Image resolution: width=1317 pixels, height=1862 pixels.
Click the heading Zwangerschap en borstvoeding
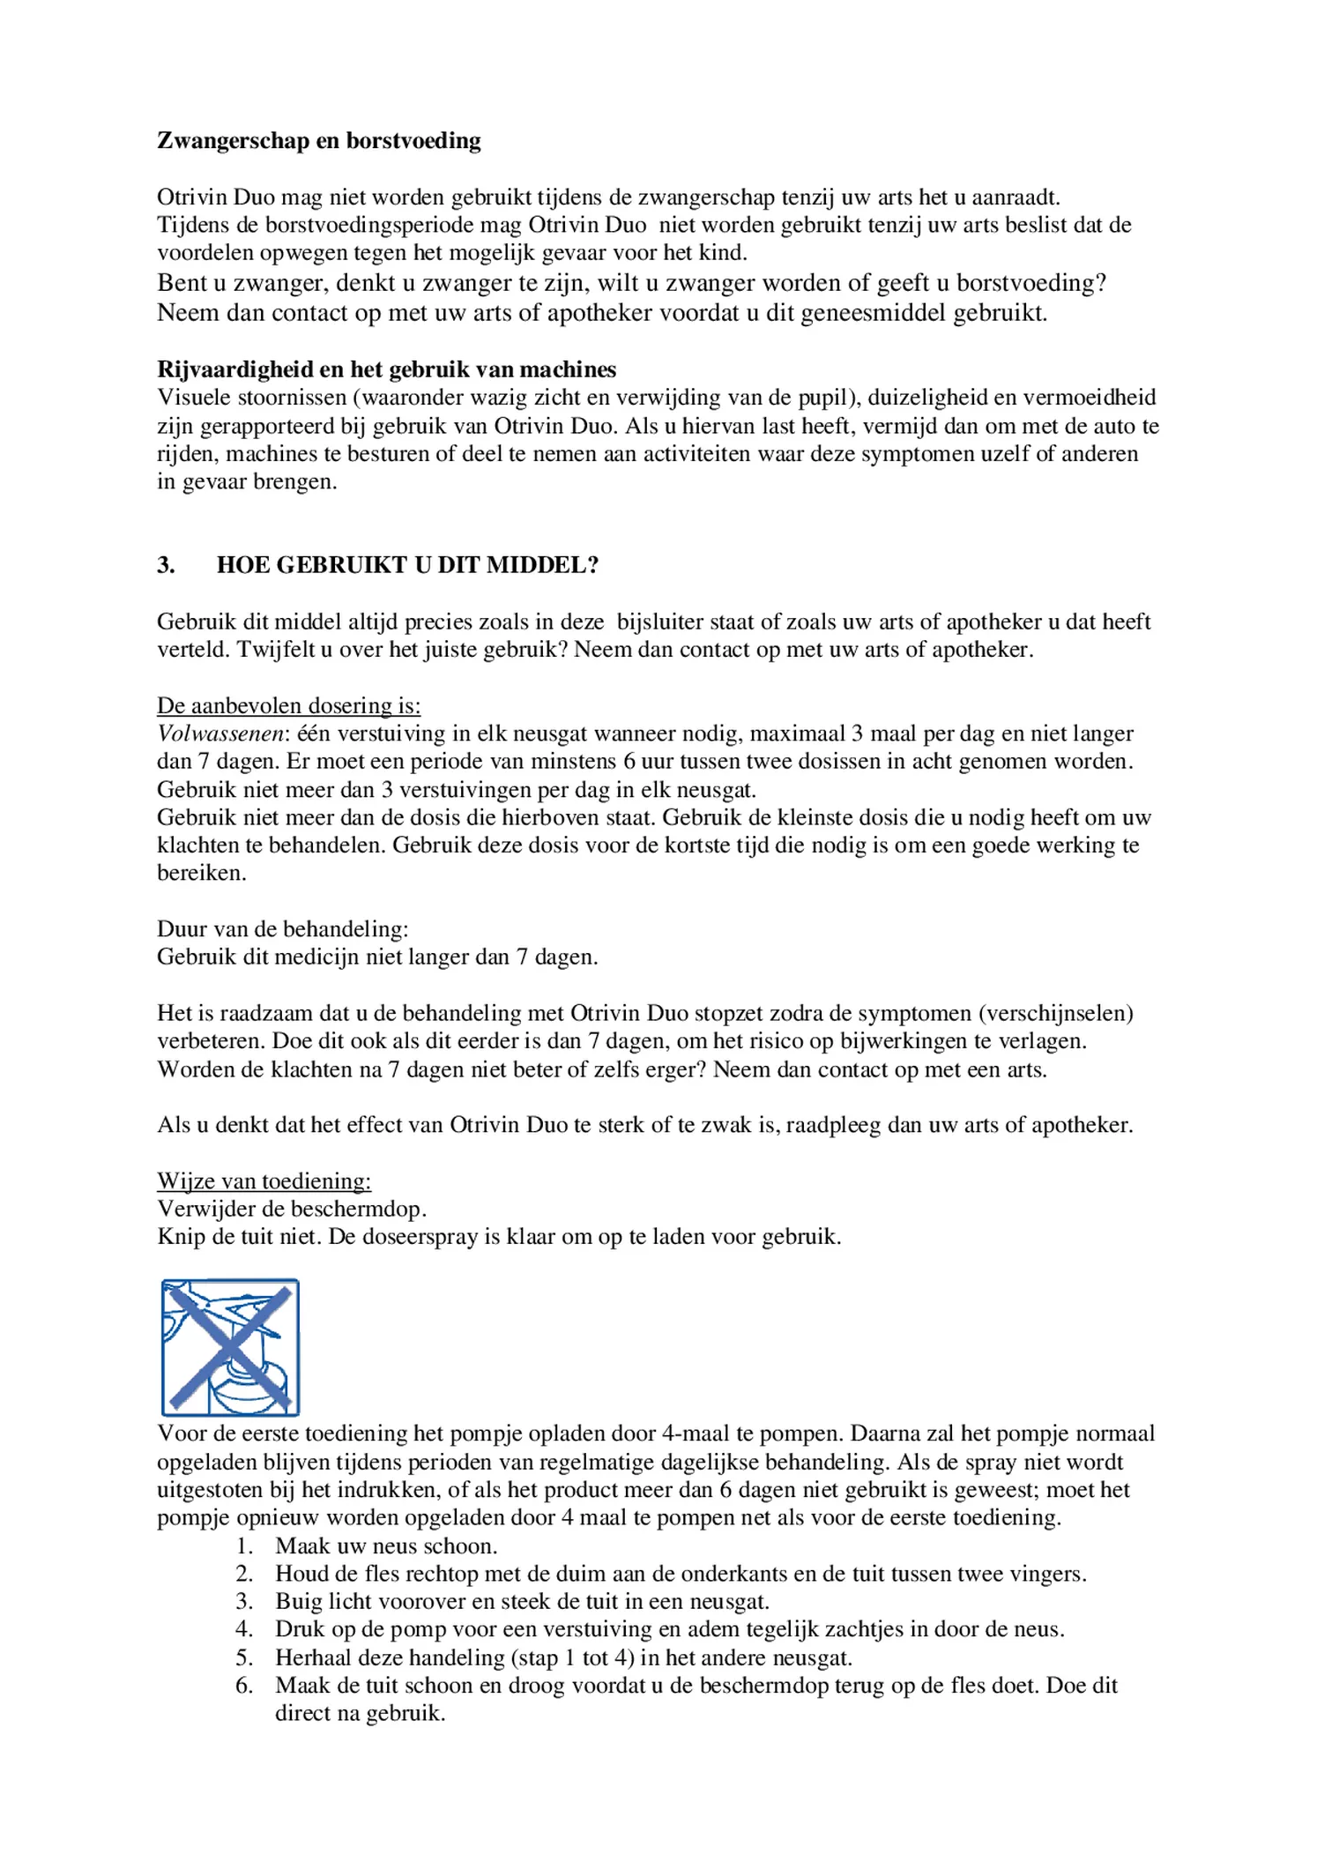[x=318, y=141]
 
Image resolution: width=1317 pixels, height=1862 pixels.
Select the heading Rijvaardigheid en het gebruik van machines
[x=386, y=369]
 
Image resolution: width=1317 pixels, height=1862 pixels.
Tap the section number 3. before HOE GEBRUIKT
[x=166, y=565]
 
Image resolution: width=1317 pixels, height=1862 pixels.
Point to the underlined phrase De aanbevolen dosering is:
[x=288, y=705]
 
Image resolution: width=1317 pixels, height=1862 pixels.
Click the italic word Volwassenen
[x=223, y=734]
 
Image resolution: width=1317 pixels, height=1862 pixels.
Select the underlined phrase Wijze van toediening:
[x=264, y=1181]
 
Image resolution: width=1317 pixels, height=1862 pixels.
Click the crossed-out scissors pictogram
[x=230, y=1347]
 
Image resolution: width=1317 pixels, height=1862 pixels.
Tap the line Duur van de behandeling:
[x=282, y=929]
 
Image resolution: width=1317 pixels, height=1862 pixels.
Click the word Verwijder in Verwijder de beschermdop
[x=201, y=1209]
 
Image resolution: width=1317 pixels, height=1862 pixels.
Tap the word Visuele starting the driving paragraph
[x=190, y=398]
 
